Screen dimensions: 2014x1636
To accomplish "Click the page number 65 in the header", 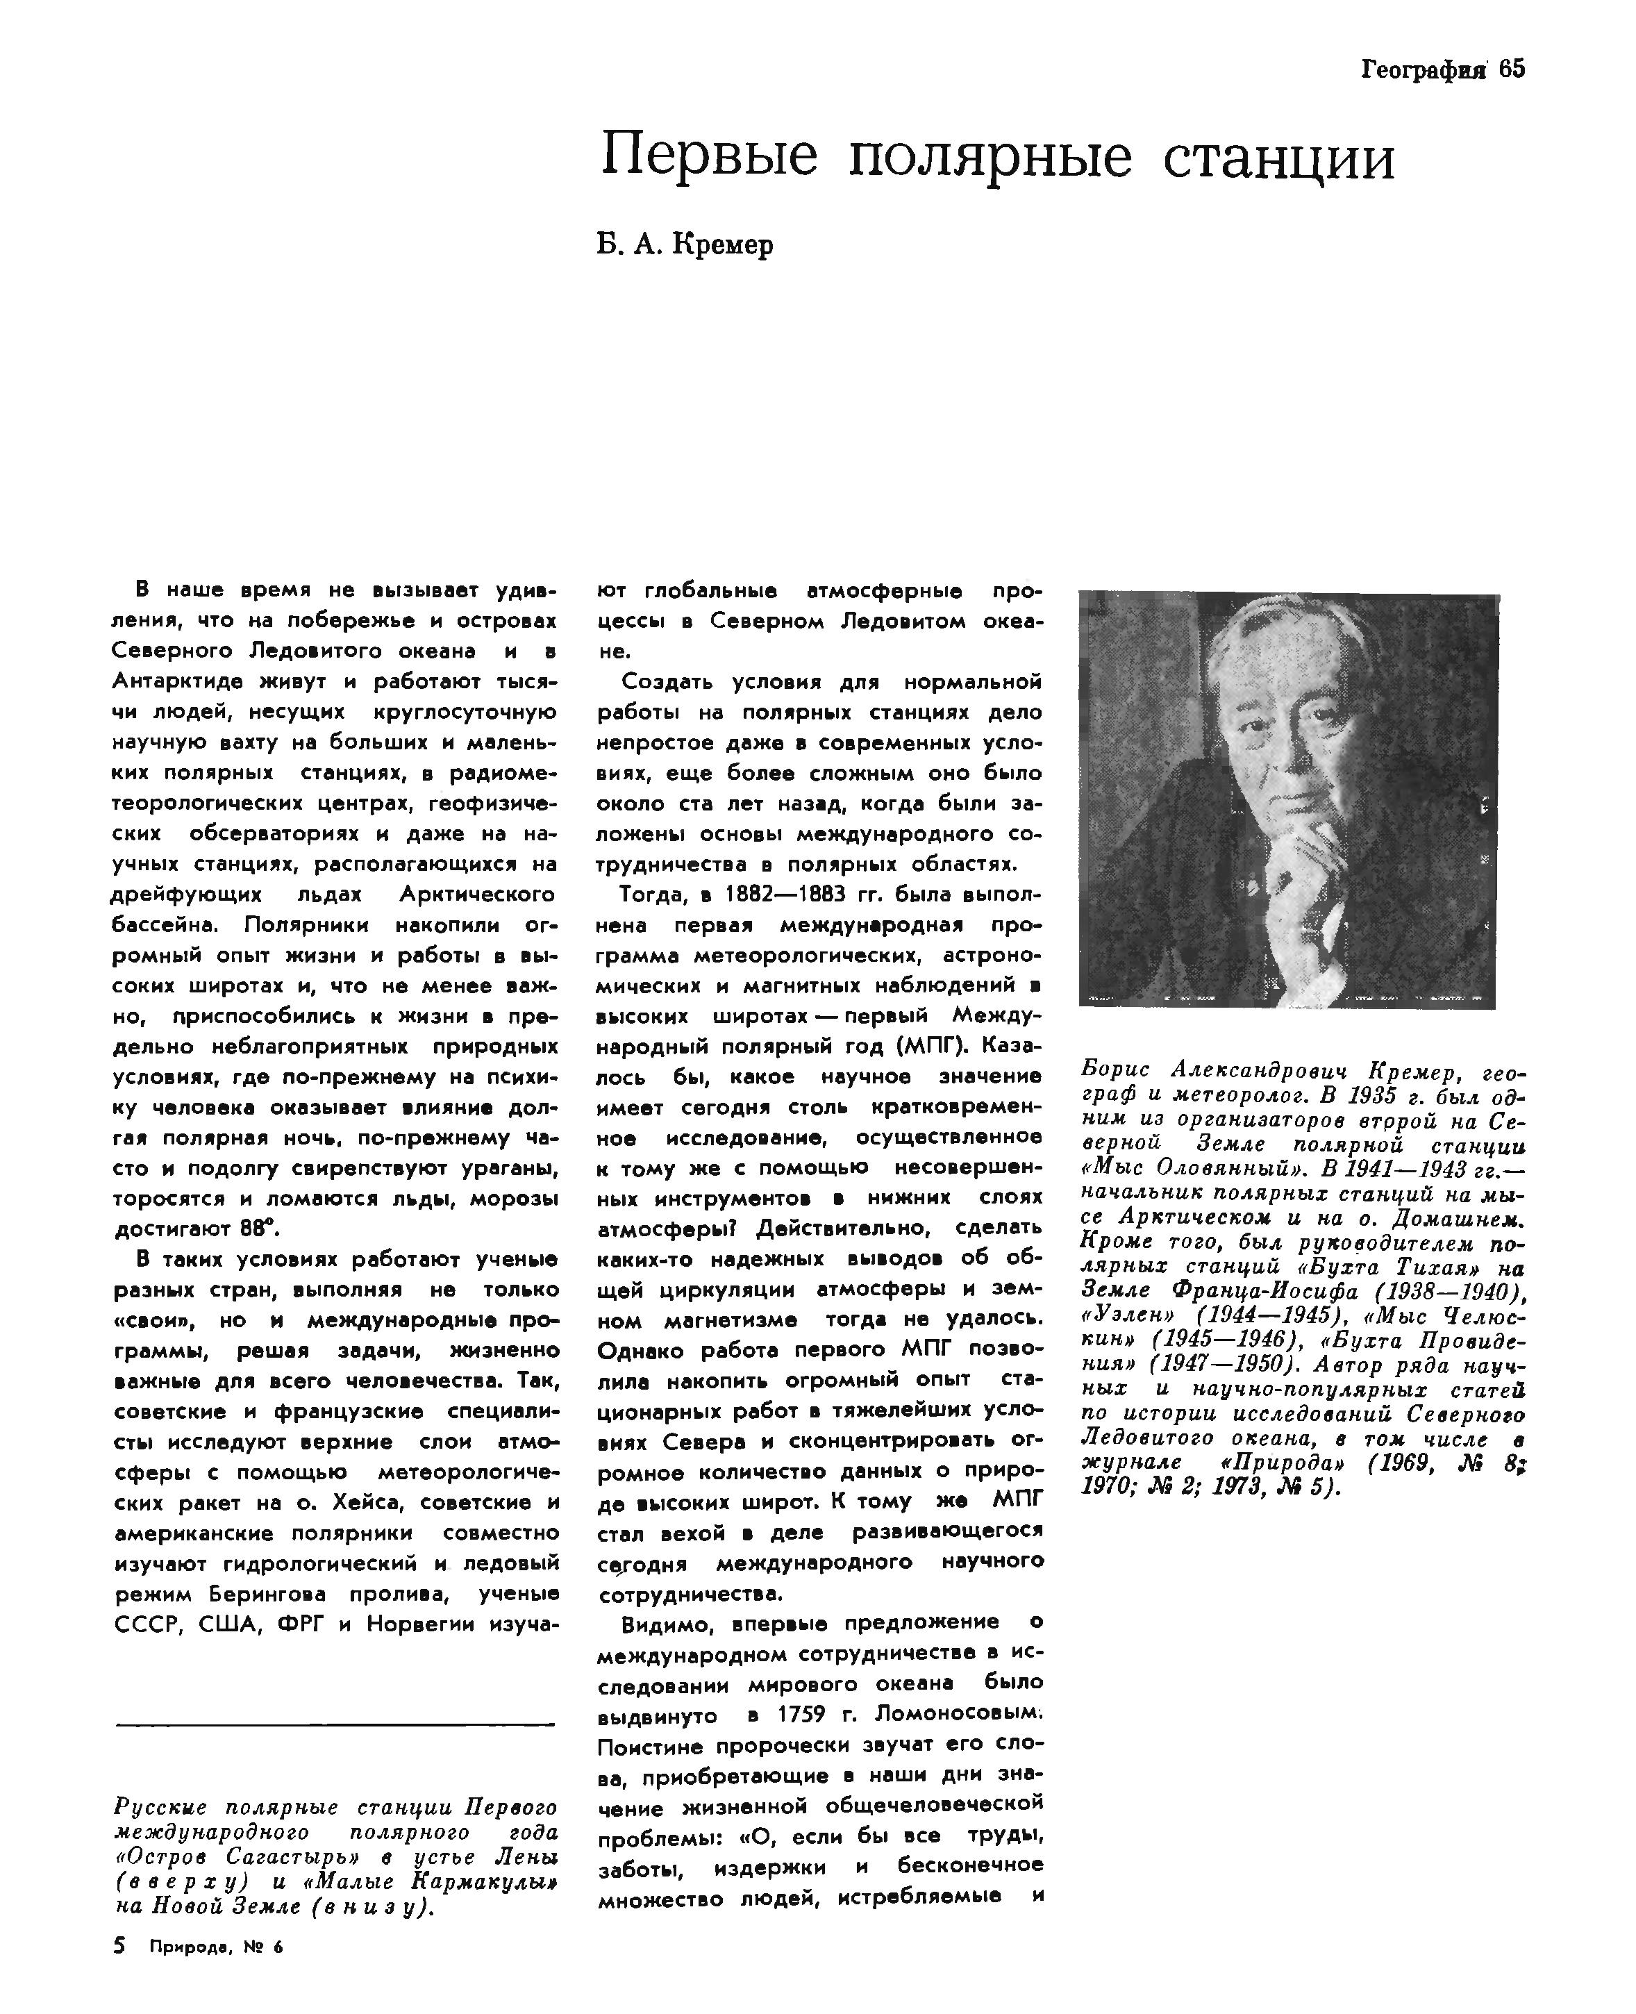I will (x=1511, y=69).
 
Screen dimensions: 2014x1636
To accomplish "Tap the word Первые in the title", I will (x=709, y=158).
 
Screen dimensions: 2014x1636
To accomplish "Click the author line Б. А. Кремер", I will (x=685, y=245).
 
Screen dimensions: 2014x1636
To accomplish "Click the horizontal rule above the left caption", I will (x=335, y=1726).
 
